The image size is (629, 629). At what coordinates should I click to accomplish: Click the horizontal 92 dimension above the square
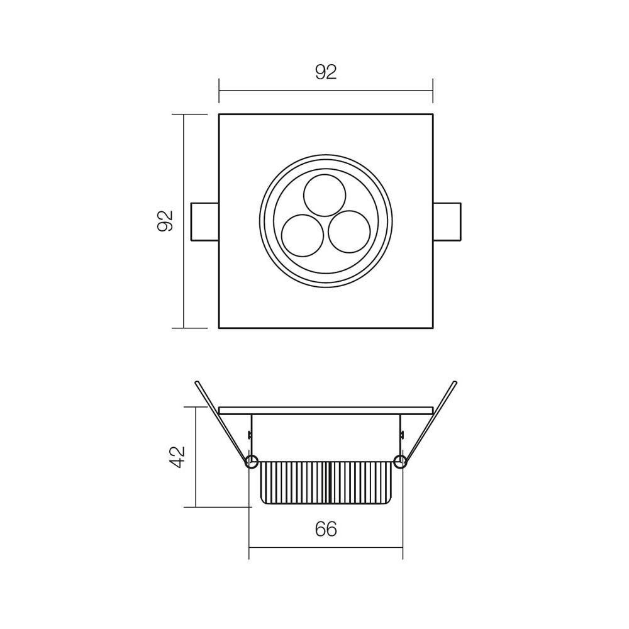click(326, 72)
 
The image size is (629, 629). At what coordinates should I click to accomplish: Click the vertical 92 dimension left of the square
click(165, 221)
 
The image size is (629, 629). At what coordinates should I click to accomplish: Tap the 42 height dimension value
click(178, 457)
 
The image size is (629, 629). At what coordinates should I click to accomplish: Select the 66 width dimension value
click(326, 530)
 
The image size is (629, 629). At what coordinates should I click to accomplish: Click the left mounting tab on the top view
click(204, 221)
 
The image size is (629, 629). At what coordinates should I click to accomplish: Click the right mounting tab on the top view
click(447, 221)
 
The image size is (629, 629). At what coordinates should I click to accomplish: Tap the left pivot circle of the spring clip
click(252, 462)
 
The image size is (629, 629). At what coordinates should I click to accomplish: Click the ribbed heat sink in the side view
click(326, 482)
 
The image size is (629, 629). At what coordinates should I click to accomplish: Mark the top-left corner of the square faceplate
click(219, 114)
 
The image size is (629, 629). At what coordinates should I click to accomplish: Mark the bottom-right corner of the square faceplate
click(433, 328)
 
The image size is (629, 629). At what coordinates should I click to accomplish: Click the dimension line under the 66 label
click(326, 548)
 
